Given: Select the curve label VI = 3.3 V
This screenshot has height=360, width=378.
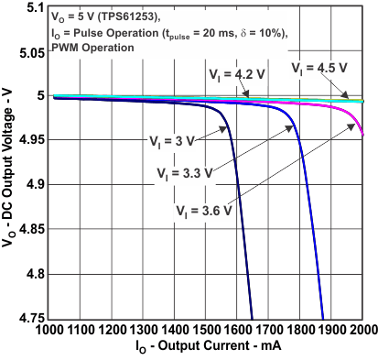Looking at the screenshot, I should (184, 172).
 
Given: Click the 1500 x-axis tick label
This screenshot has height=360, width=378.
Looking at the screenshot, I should (210, 329).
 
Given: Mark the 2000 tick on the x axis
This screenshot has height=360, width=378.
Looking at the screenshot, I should (362, 329).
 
